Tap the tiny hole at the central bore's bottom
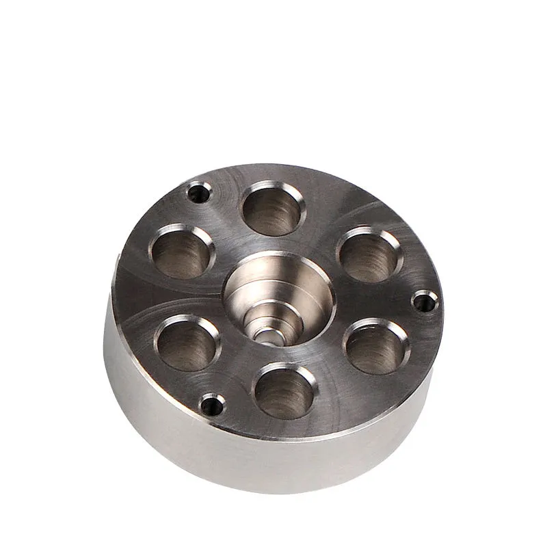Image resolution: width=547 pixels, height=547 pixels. click(267, 336)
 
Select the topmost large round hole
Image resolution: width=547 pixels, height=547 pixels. click(274, 208)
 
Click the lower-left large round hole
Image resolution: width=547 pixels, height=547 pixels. click(187, 343)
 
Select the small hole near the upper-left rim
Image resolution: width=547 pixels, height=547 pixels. click(199, 192)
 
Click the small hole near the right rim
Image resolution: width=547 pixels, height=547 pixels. click(425, 300)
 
